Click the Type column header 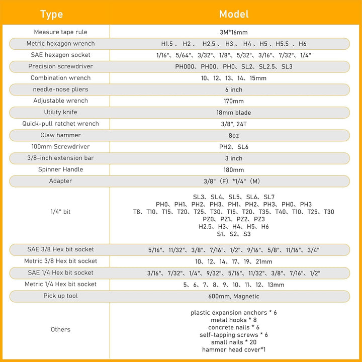click(x=51, y=14)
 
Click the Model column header click(x=234, y=14)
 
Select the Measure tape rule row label click(x=60, y=32)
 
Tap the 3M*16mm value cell click(x=234, y=32)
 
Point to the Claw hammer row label click(x=60, y=135)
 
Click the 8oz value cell click(x=234, y=135)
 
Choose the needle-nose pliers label click(x=60, y=89)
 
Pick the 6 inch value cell click(x=234, y=89)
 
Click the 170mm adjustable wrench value click(x=234, y=101)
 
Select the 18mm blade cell click(x=234, y=113)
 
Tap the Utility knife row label click(x=60, y=112)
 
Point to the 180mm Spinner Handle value click(x=234, y=170)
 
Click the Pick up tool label click(x=60, y=296)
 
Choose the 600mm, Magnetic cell click(x=234, y=296)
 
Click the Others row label click(x=60, y=330)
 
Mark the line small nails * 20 click(x=234, y=342)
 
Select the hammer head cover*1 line click(x=234, y=349)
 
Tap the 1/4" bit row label click(x=60, y=212)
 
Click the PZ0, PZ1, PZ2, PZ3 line click(x=234, y=219)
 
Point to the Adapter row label click(x=60, y=181)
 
